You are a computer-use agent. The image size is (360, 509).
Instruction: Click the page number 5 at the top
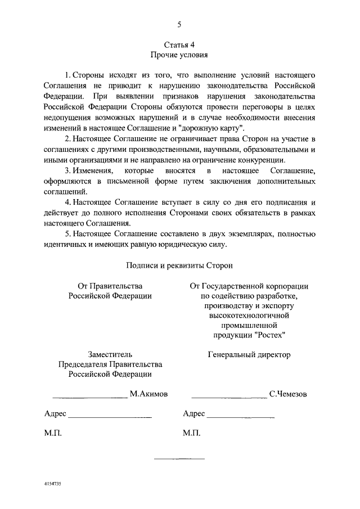tap(179, 24)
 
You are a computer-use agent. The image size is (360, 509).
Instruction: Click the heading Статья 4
tap(179, 44)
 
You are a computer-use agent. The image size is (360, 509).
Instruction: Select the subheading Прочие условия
tap(179, 55)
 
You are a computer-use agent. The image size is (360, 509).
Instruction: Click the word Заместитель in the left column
tap(110, 354)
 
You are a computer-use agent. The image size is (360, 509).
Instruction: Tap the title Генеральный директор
tap(249, 354)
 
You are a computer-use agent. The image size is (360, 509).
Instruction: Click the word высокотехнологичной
tap(249, 316)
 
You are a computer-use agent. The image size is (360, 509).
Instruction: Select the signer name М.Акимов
tap(148, 394)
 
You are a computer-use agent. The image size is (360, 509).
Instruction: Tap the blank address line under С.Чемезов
tap(240, 417)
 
